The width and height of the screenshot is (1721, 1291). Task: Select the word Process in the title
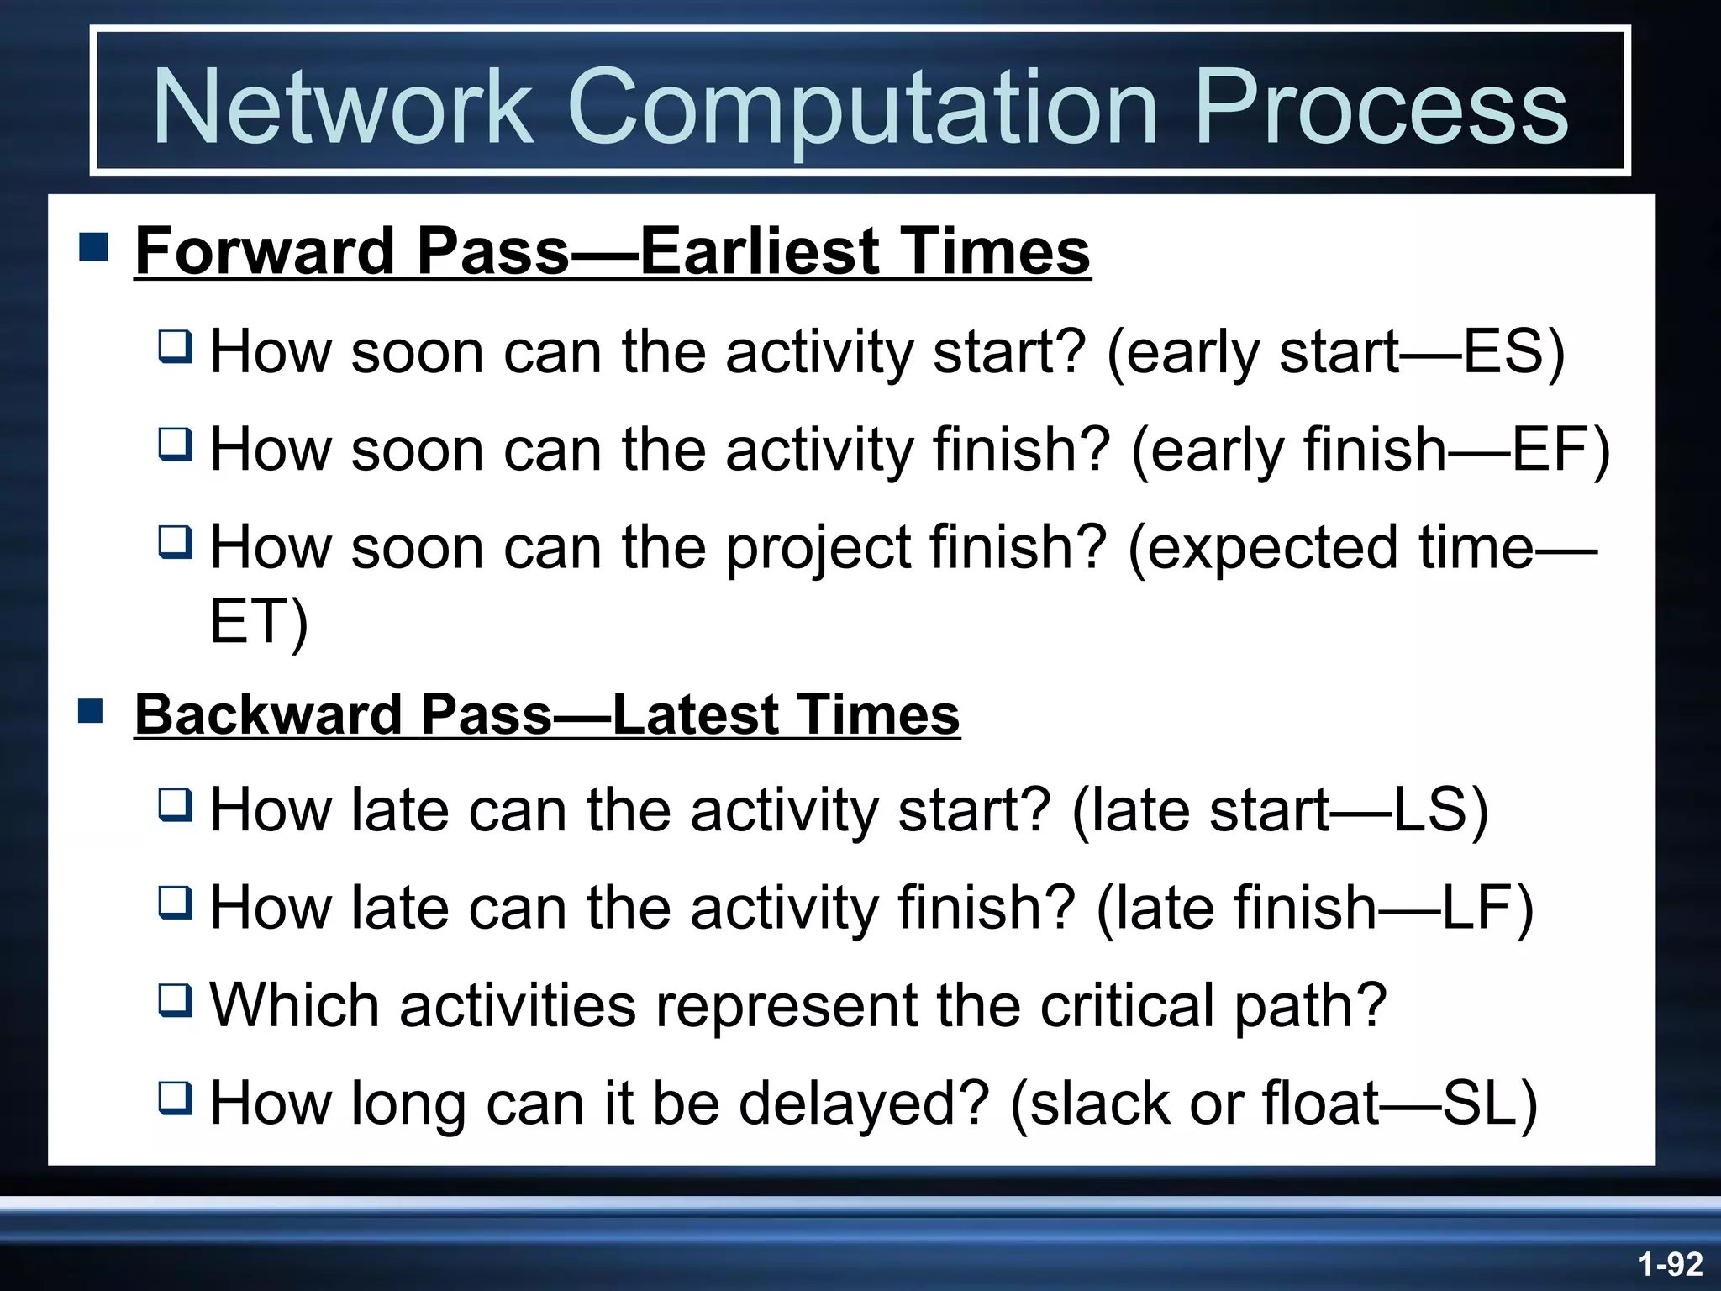click(x=1380, y=108)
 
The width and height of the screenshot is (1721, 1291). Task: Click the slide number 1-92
click(x=1669, y=1264)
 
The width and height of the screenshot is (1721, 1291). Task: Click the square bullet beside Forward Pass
click(x=93, y=248)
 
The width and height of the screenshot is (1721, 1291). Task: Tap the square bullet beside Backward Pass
click(x=91, y=711)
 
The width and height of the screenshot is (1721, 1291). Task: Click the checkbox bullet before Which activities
click(x=176, y=1001)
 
